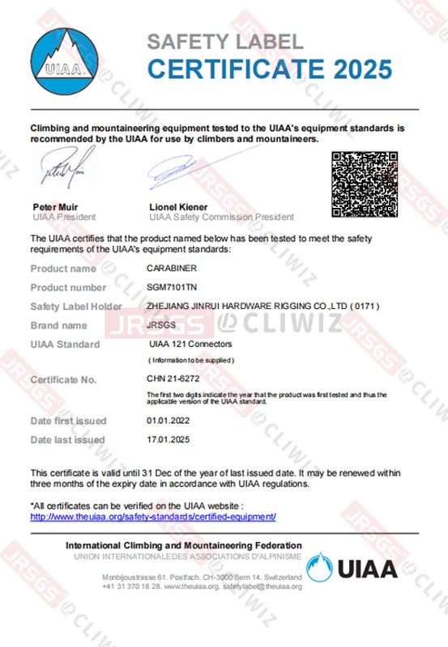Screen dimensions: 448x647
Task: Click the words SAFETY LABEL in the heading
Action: pos(224,41)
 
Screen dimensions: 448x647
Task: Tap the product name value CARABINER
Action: pos(171,269)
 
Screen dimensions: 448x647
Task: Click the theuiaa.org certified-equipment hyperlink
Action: pos(153,516)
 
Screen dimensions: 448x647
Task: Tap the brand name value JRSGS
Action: pos(160,325)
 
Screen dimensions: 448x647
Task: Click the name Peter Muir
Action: pos(55,207)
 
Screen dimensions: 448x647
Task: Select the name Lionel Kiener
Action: pos(178,207)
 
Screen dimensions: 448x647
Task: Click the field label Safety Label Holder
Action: pos(76,307)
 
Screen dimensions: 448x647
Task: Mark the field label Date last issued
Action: pos(68,440)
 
